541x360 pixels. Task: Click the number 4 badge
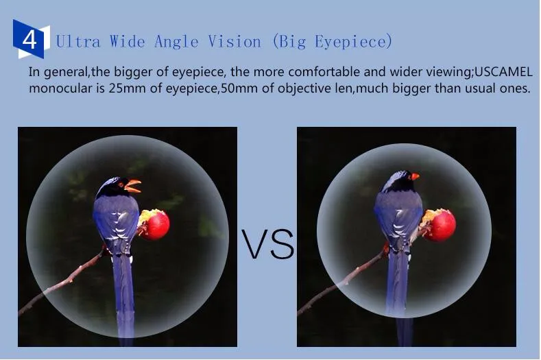(x=31, y=39)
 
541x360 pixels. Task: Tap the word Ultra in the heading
(x=78, y=42)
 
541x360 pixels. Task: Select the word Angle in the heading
(x=176, y=42)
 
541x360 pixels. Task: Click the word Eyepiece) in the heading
(x=354, y=42)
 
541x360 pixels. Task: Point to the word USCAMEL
(x=504, y=72)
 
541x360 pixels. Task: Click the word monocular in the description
(x=63, y=88)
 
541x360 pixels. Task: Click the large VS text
(x=267, y=244)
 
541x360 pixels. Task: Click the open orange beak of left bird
(x=133, y=186)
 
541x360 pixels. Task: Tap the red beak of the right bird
(x=414, y=177)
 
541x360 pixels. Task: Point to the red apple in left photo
(x=155, y=224)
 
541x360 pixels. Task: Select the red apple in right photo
(x=440, y=225)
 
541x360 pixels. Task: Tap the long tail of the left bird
(x=123, y=297)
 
